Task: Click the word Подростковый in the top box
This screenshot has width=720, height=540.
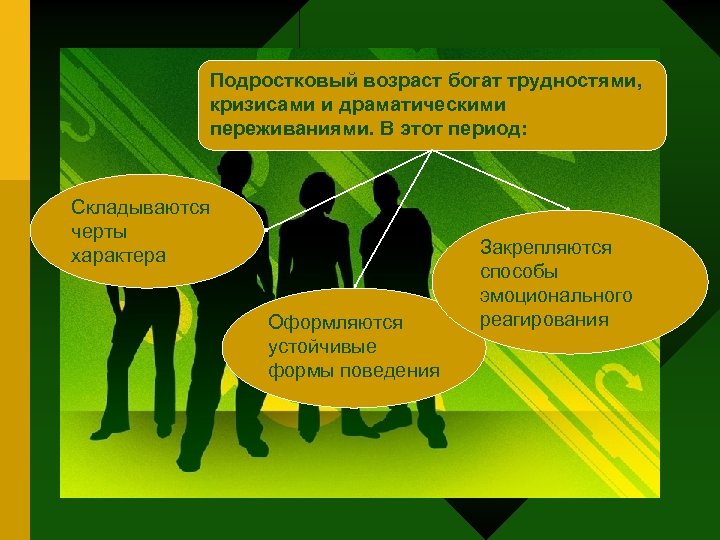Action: click(x=265, y=82)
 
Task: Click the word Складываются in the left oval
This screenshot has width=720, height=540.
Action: click(x=140, y=208)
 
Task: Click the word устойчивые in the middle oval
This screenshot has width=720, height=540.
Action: click(x=322, y=347)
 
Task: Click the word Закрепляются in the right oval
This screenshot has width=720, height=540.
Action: click(x=545, y=248)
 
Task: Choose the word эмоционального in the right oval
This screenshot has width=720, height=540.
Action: click(x=556, y=296)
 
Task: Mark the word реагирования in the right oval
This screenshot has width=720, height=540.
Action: click(x=544, y=320)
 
